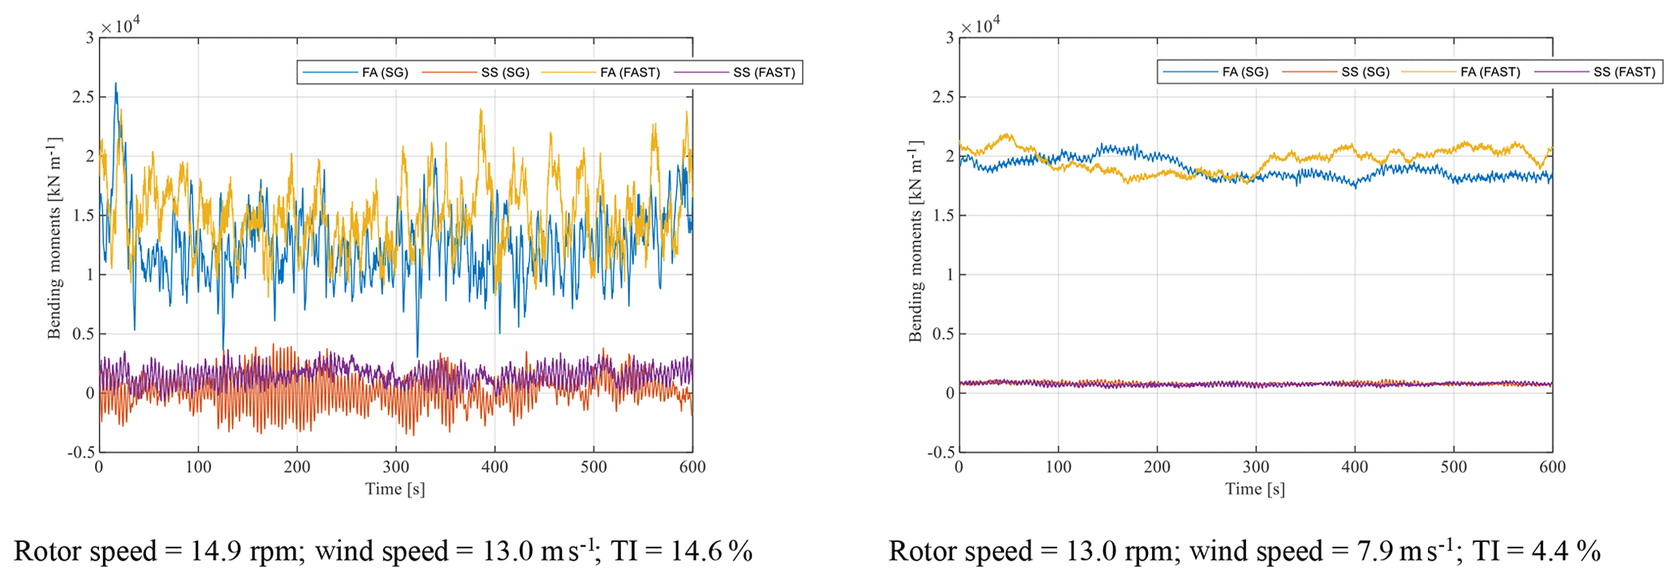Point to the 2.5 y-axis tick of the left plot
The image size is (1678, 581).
coord(84,97)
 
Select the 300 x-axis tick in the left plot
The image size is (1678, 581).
coord(396,467)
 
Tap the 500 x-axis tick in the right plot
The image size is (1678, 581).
coord(1453,467)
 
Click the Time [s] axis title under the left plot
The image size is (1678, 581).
coord(395,488)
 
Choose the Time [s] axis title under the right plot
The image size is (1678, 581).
coord(1255,488)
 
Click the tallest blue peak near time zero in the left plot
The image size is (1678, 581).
coord(115,83)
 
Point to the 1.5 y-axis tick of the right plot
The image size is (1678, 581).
coord(943,216)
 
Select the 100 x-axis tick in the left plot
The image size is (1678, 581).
coord(198,467)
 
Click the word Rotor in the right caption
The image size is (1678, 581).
coord(923,552)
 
